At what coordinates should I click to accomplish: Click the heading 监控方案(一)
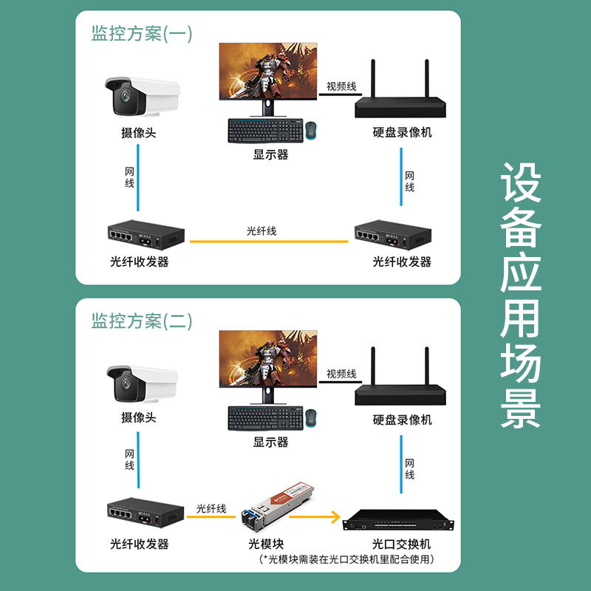click(142, 33)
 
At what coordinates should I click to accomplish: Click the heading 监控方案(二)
click(142, 321)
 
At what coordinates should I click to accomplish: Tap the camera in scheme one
click(142, 97)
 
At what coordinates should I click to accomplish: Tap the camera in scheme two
click(142, 383)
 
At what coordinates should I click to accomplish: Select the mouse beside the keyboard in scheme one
click(311, 131)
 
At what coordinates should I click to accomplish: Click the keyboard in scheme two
click(266, 418)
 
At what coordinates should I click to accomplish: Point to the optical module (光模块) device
click(278, 506)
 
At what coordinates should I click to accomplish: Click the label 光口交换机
click(401, 544)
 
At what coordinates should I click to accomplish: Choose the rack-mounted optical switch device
click(398, 520)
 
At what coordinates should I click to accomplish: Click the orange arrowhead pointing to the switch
click(335, 516)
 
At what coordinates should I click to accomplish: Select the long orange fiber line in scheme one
click(269, 242)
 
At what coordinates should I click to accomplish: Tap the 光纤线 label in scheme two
click(211, 509)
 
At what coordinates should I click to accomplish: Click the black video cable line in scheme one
click(341, 95)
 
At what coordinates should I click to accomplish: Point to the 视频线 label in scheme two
click(341, 374)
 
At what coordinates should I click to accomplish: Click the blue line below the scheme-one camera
click(138, 177)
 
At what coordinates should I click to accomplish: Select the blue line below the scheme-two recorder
click(401, 465)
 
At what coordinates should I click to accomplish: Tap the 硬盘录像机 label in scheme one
click(402, 132)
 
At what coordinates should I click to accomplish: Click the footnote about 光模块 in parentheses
click(346, 559)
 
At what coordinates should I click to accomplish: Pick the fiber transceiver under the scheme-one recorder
click(393, 235)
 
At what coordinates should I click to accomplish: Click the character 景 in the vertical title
click(521, 409)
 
